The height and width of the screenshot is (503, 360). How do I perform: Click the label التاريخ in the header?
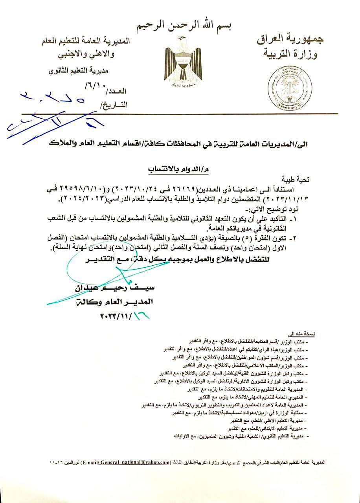coord(114,105)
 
